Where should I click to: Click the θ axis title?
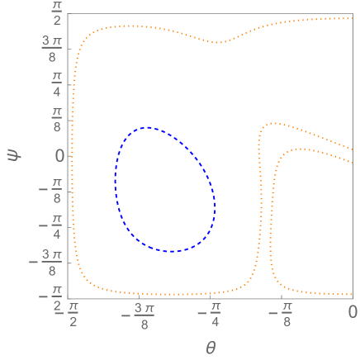click(x=211, y=348)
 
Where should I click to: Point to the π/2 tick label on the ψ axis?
click(x=56, y=15)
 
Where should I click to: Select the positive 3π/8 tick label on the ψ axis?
click(x=50, y=50)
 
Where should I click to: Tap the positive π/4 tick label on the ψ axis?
click(x=56, y=85)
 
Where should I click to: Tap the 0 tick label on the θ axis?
click(x=352, y=311)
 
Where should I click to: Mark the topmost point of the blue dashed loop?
click(x=146, y=127)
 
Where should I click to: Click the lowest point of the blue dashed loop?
click(x=171, y=251)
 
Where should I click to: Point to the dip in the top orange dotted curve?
click(x=218, y=42)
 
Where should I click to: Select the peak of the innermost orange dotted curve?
click(x=298, y=149)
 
